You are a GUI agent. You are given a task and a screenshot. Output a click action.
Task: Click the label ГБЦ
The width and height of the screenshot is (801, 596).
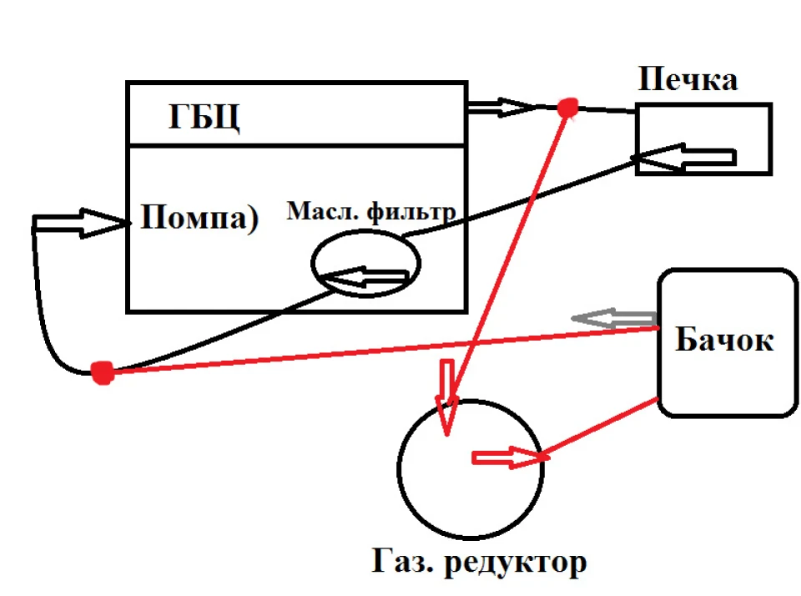(204, 118)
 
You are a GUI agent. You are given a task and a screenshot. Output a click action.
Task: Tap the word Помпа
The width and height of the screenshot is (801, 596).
(194, 217)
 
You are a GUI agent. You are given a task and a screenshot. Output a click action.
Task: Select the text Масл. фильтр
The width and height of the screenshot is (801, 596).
(371, 212)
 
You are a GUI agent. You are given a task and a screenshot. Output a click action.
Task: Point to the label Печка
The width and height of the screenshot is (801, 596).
(688, 79)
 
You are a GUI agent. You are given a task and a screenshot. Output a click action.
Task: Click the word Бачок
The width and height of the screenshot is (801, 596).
(724, 339)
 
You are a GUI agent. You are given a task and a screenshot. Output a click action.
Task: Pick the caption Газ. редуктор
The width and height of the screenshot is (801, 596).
(479, 562)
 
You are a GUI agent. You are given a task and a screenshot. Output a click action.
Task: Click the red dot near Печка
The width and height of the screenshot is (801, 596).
(567, 109)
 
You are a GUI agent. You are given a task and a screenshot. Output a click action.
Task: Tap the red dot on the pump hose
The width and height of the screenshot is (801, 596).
(102, 372)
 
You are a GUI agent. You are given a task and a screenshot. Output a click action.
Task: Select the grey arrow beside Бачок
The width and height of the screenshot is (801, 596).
(613, 318)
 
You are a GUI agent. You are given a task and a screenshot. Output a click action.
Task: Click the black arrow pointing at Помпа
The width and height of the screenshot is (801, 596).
(79, 223)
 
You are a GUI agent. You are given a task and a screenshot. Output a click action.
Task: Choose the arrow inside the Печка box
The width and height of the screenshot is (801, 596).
(684, 157)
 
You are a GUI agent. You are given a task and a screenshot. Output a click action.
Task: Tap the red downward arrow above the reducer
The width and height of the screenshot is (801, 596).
(447, 397)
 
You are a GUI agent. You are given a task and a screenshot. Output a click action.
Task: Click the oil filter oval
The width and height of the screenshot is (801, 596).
(313, 263)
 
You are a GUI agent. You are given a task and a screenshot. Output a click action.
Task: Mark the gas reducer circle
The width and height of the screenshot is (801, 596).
(398, 469)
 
